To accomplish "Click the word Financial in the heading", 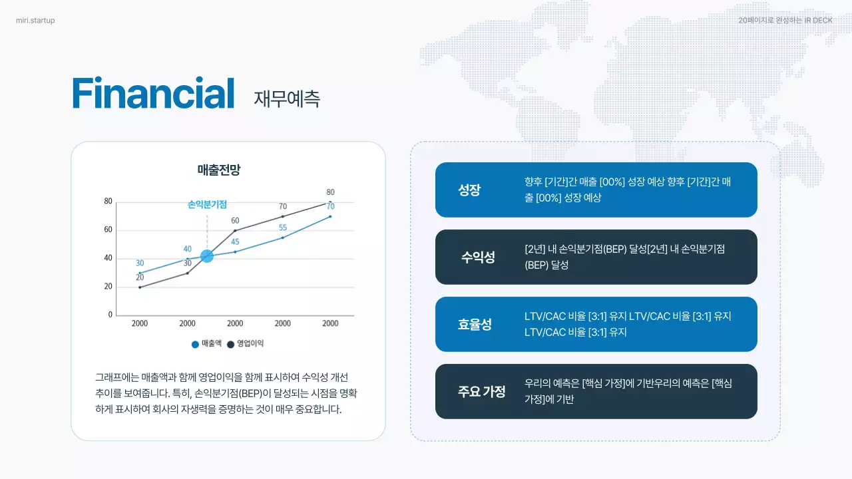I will click(153, 94).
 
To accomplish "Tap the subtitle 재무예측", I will click(287, 98).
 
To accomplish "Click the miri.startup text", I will click(35, 21).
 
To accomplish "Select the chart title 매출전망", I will click(218, 170).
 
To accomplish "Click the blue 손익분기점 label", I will click(207, 205).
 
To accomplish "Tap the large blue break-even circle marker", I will click(207, 256).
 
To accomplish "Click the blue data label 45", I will click(235, 242).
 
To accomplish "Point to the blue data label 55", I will click(283, 228).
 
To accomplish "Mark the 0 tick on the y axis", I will click(110, 315).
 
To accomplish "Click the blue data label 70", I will click(330, 206).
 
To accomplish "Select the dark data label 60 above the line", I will click(235, 221).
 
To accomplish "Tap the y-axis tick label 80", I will click(108, 201).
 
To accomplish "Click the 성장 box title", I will click(469, 190).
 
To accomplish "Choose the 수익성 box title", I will click(478, 257).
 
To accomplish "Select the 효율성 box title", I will click(475, 325).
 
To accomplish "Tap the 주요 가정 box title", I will click(481, 392).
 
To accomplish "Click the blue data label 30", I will click(140, 263).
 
